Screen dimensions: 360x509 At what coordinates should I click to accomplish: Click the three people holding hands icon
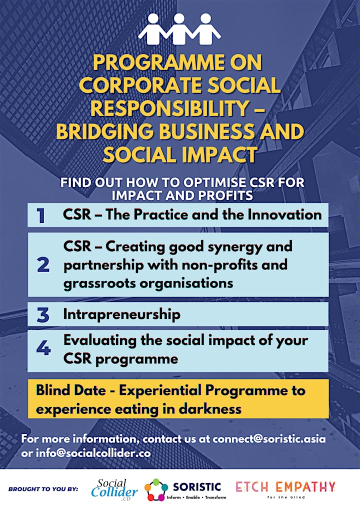coord(179,28)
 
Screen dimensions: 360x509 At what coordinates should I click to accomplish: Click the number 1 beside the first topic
coord(41,215)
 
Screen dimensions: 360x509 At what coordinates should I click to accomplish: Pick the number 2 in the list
coord(43,265)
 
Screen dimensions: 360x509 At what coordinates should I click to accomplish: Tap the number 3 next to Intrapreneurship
coord(43,315)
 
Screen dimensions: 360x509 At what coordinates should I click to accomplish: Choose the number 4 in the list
coord(43,348)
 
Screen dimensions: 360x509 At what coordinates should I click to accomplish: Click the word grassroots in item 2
coord(99,283)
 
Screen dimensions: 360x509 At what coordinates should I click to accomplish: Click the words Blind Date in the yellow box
coord(71,390)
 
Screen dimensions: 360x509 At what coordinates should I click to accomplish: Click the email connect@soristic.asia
coord(269,439)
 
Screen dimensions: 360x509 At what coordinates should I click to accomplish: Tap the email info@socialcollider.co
coord(93,453)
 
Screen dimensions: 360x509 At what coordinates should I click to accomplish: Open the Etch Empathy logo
coord(285,489)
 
